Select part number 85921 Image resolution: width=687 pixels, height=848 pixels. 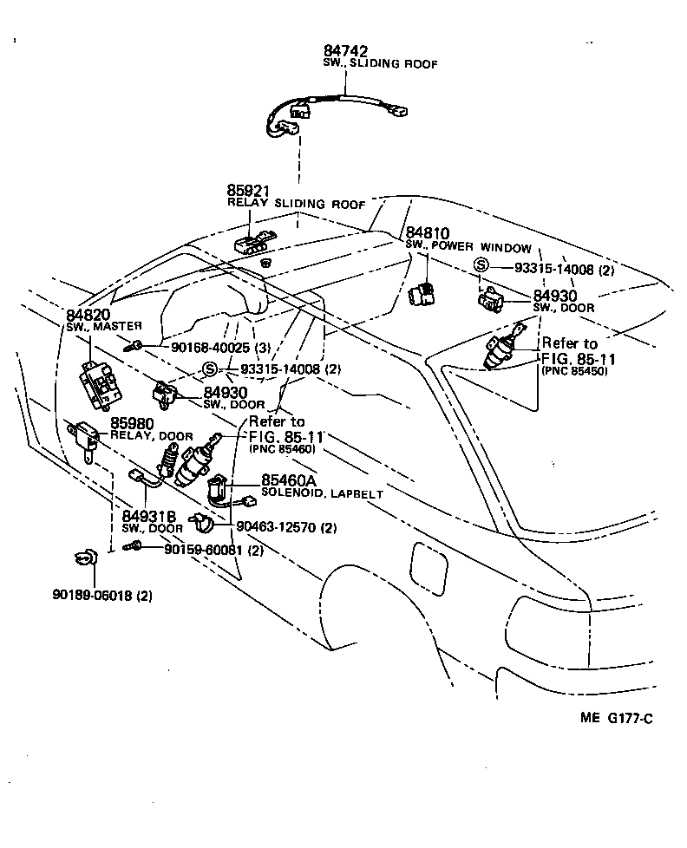click(250, 190)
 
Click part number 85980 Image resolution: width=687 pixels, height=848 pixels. click(131, 424)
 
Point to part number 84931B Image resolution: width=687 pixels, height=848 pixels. click(148, 516)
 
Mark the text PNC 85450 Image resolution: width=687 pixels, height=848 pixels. click(574, 370)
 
